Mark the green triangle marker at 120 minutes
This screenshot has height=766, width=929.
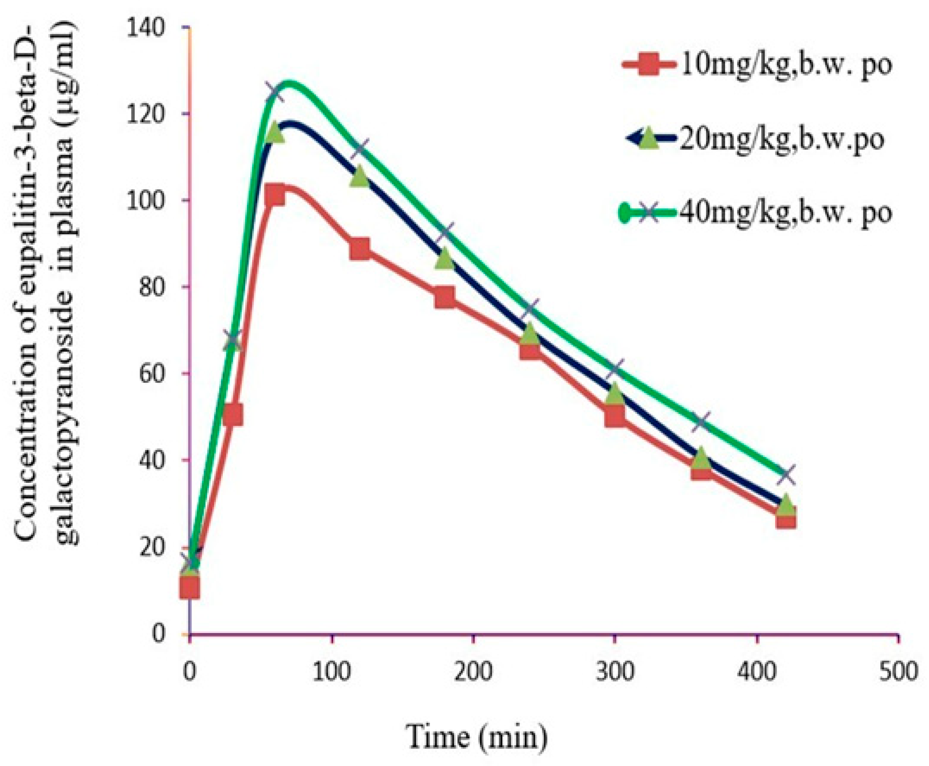coord(360,177)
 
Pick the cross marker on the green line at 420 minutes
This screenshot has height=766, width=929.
coord(786,475)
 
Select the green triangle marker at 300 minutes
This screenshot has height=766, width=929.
coord(615,394)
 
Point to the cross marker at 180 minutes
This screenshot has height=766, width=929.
coord(445,232)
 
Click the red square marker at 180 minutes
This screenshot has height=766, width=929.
coord(445,298)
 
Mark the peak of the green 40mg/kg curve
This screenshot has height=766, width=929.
coord(289,83)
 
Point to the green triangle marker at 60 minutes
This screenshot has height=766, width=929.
coord(275,132)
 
